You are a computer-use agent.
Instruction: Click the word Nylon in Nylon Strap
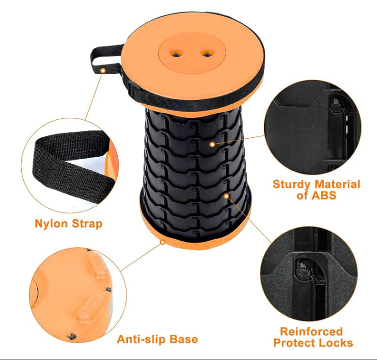52,224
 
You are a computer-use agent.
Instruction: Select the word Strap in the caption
87,224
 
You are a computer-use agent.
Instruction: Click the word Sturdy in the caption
292,184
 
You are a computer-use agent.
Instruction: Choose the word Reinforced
312,332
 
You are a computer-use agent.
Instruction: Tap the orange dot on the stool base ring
163,242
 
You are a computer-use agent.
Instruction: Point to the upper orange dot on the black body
212,144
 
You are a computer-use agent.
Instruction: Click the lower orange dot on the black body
226,196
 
